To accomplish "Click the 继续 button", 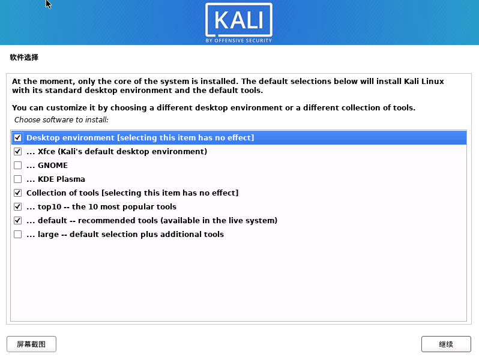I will coord(445,344).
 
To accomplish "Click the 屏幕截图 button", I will coord(31,344).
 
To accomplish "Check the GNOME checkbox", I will coord(17,166).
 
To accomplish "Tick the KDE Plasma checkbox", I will coord(17,179).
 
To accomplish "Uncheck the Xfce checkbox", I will coord(17,152).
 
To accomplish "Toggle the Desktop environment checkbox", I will coord(17,138).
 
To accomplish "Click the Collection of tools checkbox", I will coord(17,193).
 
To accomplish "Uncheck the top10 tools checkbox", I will coord(17,207).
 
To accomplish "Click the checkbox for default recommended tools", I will coord(17,221).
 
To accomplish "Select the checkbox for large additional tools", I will coord(17,235).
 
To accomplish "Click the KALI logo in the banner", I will coord(239,21).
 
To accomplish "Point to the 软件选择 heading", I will coord(24,58).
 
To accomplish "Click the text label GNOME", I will coord(53,166).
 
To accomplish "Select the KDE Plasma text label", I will coord(61,179).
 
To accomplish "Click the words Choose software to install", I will coord(61,120).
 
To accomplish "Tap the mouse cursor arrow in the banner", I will coord(49,4).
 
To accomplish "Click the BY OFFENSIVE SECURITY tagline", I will coord(239,41).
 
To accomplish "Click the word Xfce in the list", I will coord(46,152).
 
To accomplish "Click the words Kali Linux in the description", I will coord(424,81).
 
